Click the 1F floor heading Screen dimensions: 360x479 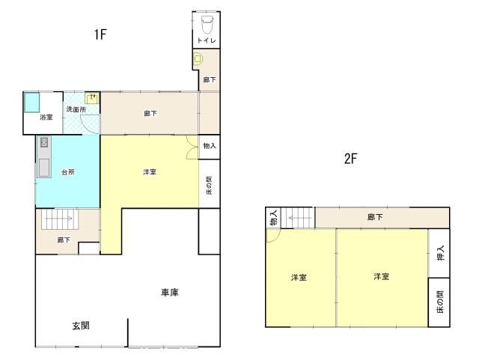point(102,34)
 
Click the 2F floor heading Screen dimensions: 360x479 point(350,159)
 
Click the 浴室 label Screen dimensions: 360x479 point(46,117)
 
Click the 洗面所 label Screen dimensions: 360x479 point(76,109)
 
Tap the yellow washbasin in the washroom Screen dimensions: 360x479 point(92,98)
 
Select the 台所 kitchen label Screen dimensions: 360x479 point(68,172)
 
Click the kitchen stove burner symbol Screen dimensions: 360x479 point(44,142)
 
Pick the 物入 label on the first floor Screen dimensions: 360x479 point(210,146)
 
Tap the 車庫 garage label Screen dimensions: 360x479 point(169,292)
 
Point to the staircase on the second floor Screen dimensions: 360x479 point(299,218)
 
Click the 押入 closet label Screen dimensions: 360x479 point(439,253)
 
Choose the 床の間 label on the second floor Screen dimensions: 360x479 point(439,302)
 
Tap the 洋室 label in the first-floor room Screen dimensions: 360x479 point(150,172)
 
